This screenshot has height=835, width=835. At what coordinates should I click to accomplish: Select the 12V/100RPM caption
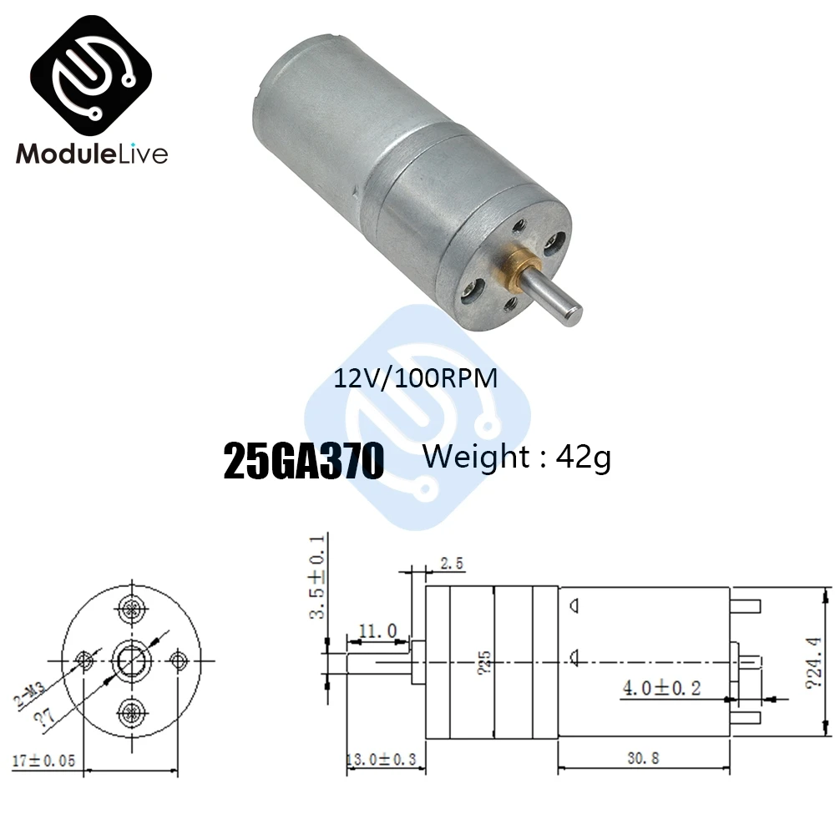tap(415, 378)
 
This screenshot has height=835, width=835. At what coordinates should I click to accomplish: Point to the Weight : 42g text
tap(517, 458)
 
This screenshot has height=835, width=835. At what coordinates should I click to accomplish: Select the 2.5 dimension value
tap(450, 565)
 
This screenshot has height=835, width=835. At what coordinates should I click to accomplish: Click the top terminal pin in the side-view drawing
tap(746, 604)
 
